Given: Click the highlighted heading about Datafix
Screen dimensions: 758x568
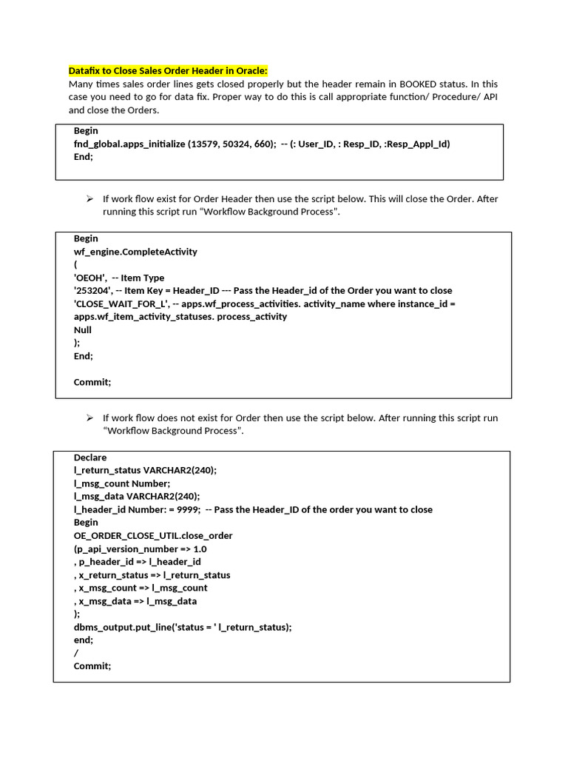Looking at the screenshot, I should pos(168,71).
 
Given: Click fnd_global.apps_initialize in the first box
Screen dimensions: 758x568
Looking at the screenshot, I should pos(129,144).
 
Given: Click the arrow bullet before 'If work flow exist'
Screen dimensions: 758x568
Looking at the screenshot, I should pos(89,198).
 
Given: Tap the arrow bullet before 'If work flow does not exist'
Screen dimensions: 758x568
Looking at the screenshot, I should pos(89,417).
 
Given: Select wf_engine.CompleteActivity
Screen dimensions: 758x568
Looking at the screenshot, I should pos(135,252).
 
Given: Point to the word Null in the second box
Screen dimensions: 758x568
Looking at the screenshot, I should pos(83,330).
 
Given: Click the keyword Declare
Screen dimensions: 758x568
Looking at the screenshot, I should pos(90,457).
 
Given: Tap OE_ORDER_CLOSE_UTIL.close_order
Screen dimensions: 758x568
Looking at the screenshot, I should pos(153,536).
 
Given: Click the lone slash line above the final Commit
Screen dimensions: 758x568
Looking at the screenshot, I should pos(75,653).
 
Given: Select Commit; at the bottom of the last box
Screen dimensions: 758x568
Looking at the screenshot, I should pos(92,666).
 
